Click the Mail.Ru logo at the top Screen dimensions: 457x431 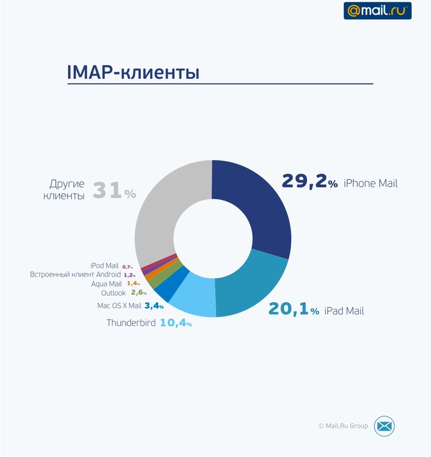(377, 10)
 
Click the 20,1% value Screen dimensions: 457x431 (293, 310)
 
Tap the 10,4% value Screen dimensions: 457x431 (176, 323)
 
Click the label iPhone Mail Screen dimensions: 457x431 (370, 184)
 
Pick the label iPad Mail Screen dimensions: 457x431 (344, 311)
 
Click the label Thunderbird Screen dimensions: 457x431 (131, 323)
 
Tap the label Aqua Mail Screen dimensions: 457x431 (106, 283)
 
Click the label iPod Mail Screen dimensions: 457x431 (104, 266)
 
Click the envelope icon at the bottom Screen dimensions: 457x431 (384, 426)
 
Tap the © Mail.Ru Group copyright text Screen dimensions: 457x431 (343, 426)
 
